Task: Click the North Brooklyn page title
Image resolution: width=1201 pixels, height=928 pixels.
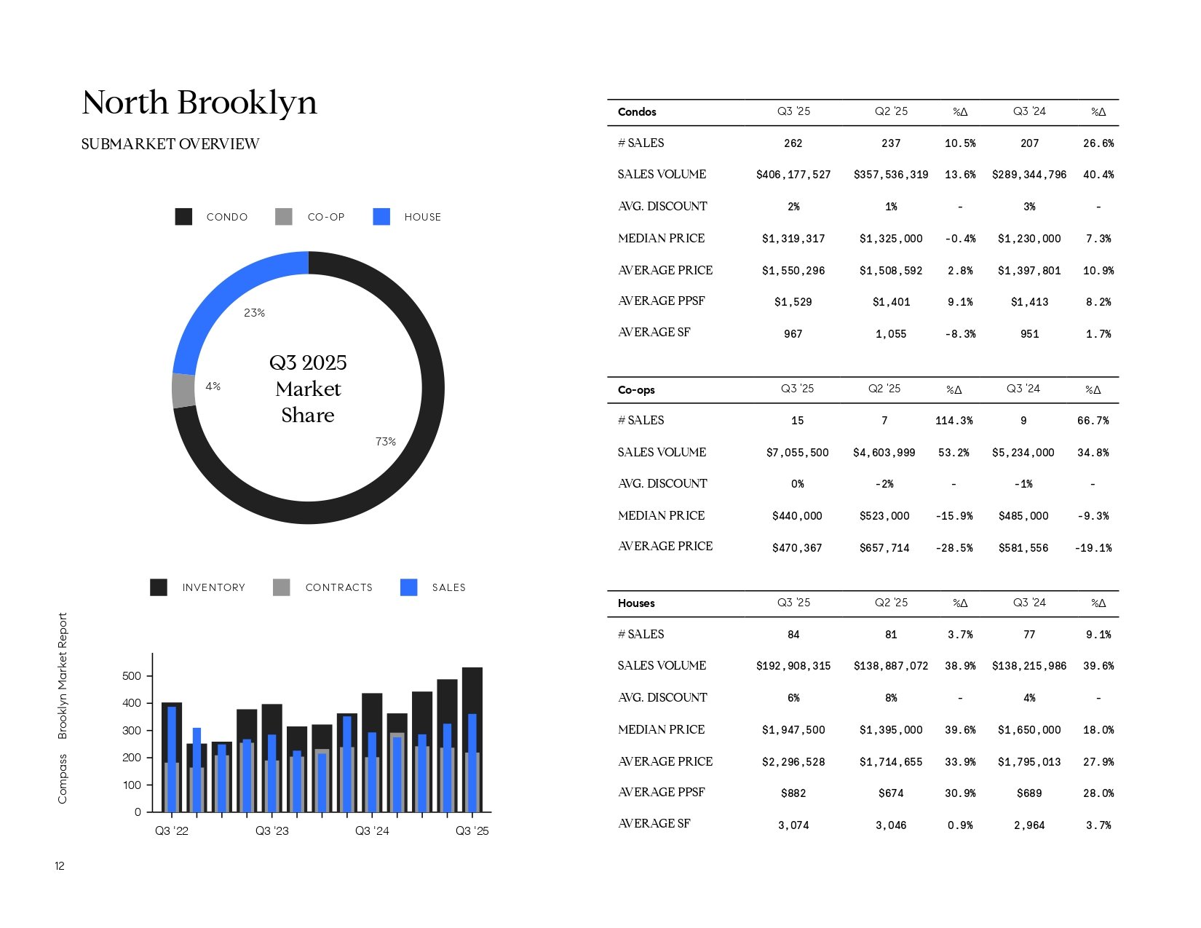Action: click(199, 103)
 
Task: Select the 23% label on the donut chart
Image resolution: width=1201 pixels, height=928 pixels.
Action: click(254, 313)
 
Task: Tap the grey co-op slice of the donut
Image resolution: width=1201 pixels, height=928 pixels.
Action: click(183, 390)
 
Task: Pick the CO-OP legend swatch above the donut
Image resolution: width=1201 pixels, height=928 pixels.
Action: click(284, 217)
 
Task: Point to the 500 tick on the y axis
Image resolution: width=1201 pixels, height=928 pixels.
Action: click(132, 676)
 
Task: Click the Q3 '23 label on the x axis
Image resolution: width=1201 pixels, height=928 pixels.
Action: click(271, 831)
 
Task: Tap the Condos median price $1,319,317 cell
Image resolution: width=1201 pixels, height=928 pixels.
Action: click(793, 239)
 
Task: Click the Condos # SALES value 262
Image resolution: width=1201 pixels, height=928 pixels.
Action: click(793, 143)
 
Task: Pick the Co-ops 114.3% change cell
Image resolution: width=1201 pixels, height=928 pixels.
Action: click(954, 421)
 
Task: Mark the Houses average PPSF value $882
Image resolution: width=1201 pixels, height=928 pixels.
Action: click(793, 793)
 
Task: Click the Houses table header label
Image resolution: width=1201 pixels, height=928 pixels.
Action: click(636, 603)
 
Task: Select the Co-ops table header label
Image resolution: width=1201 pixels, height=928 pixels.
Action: click(636, 390)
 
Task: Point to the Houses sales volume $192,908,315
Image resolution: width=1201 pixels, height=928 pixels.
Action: click(793, 666)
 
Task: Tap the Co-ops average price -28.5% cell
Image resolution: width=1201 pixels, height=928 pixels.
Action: click(954, 548)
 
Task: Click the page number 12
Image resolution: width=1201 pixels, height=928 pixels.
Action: click(60, 866)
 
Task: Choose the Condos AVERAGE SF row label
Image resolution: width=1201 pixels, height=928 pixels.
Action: click(654, 333)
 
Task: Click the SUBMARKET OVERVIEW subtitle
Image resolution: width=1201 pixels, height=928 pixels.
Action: click(170, 144)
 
